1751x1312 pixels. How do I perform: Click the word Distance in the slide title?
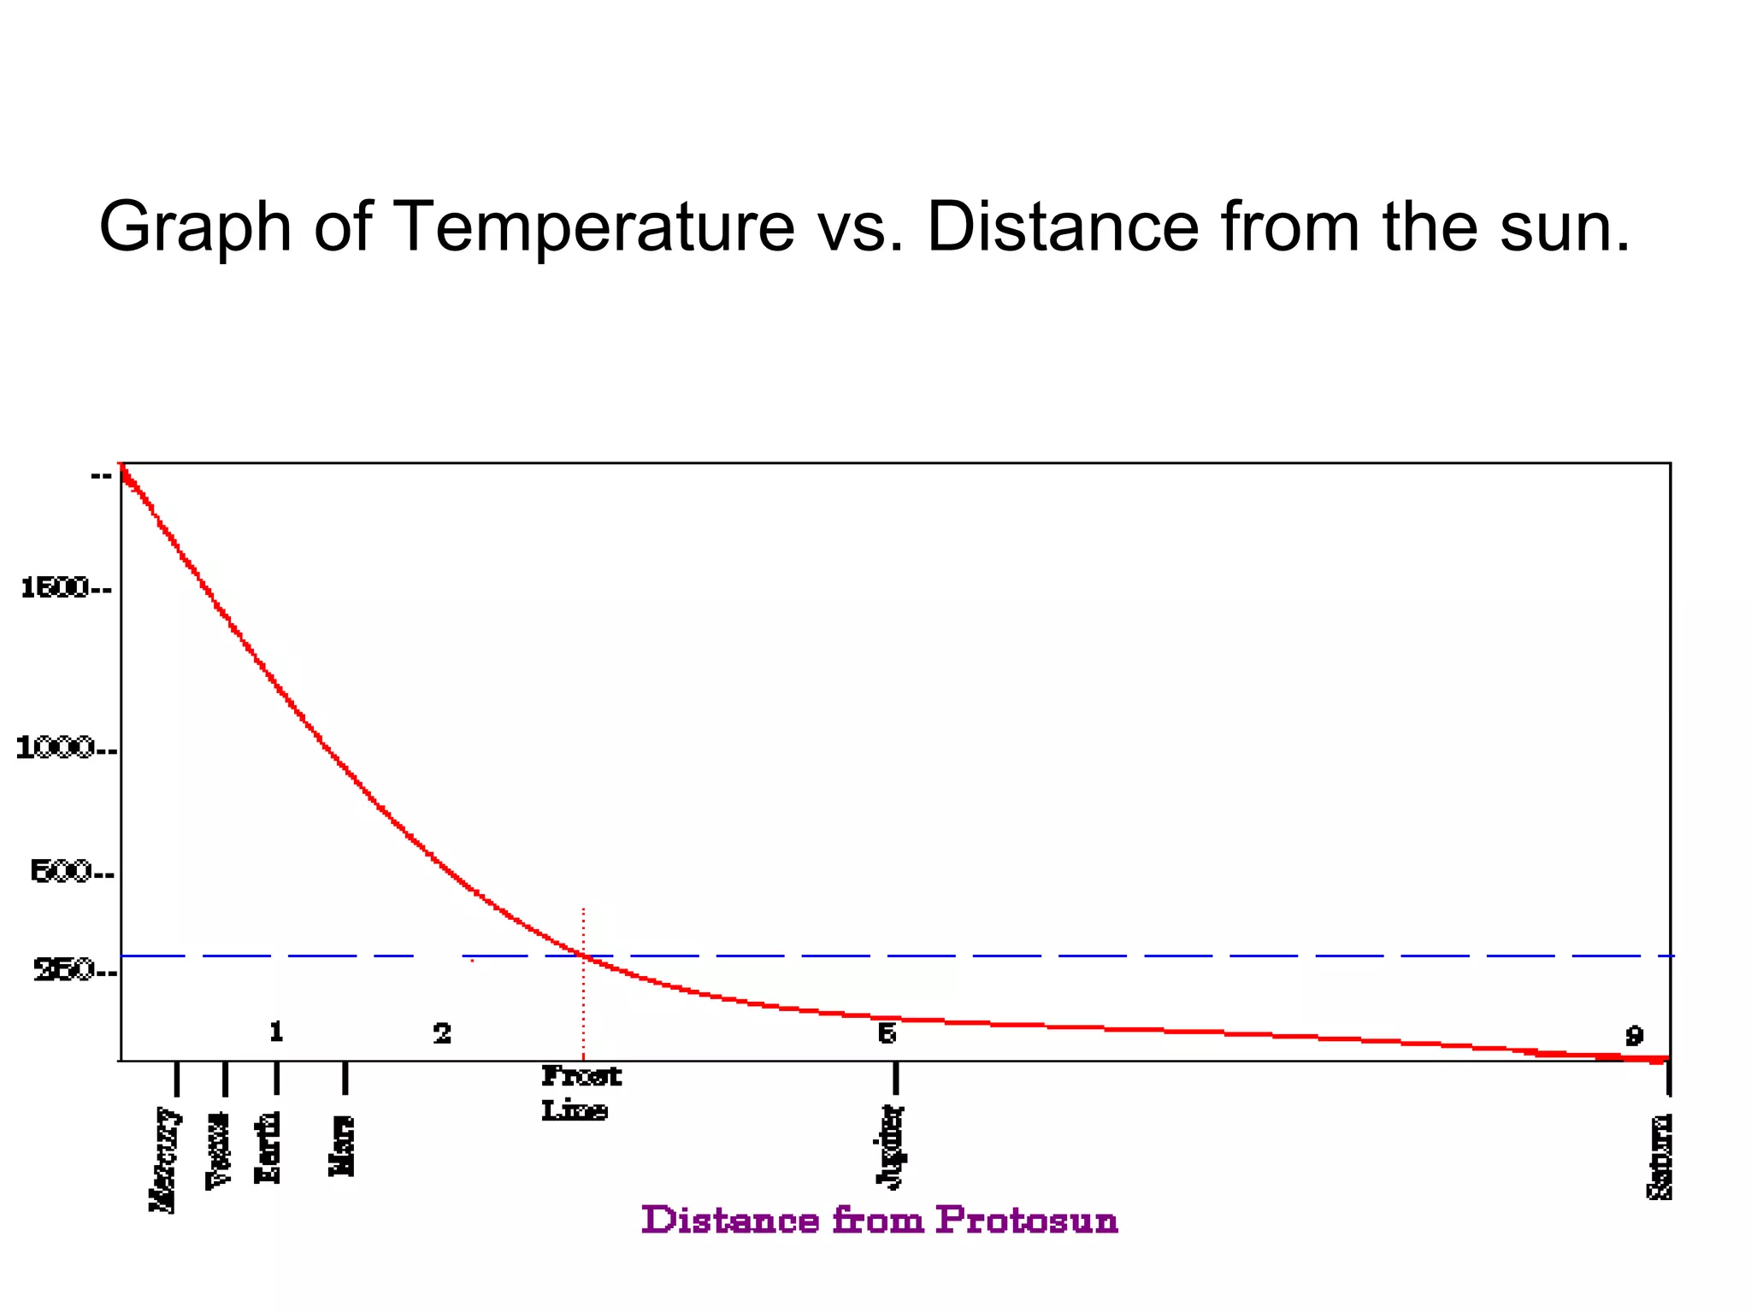click(x=1063, y=227)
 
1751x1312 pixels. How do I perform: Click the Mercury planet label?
click(x=165, y=1159)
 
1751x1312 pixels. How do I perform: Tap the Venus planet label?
click(x=220, y=1150)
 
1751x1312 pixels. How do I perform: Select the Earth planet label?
click(x=268, y=1147)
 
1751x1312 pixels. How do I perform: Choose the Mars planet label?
click(x=342, y=1146)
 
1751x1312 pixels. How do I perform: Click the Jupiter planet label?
click(x=891, y=1146)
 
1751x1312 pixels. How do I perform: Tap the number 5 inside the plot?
click(x=887, y=1034)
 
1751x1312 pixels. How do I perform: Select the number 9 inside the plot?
click(x=1634, y=1037)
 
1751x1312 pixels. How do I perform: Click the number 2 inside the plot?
click(x=442, y=1034)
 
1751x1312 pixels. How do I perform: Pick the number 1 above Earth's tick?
click(x=276, y=1033)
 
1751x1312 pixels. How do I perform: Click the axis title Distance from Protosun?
click(x=880, y=1221)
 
